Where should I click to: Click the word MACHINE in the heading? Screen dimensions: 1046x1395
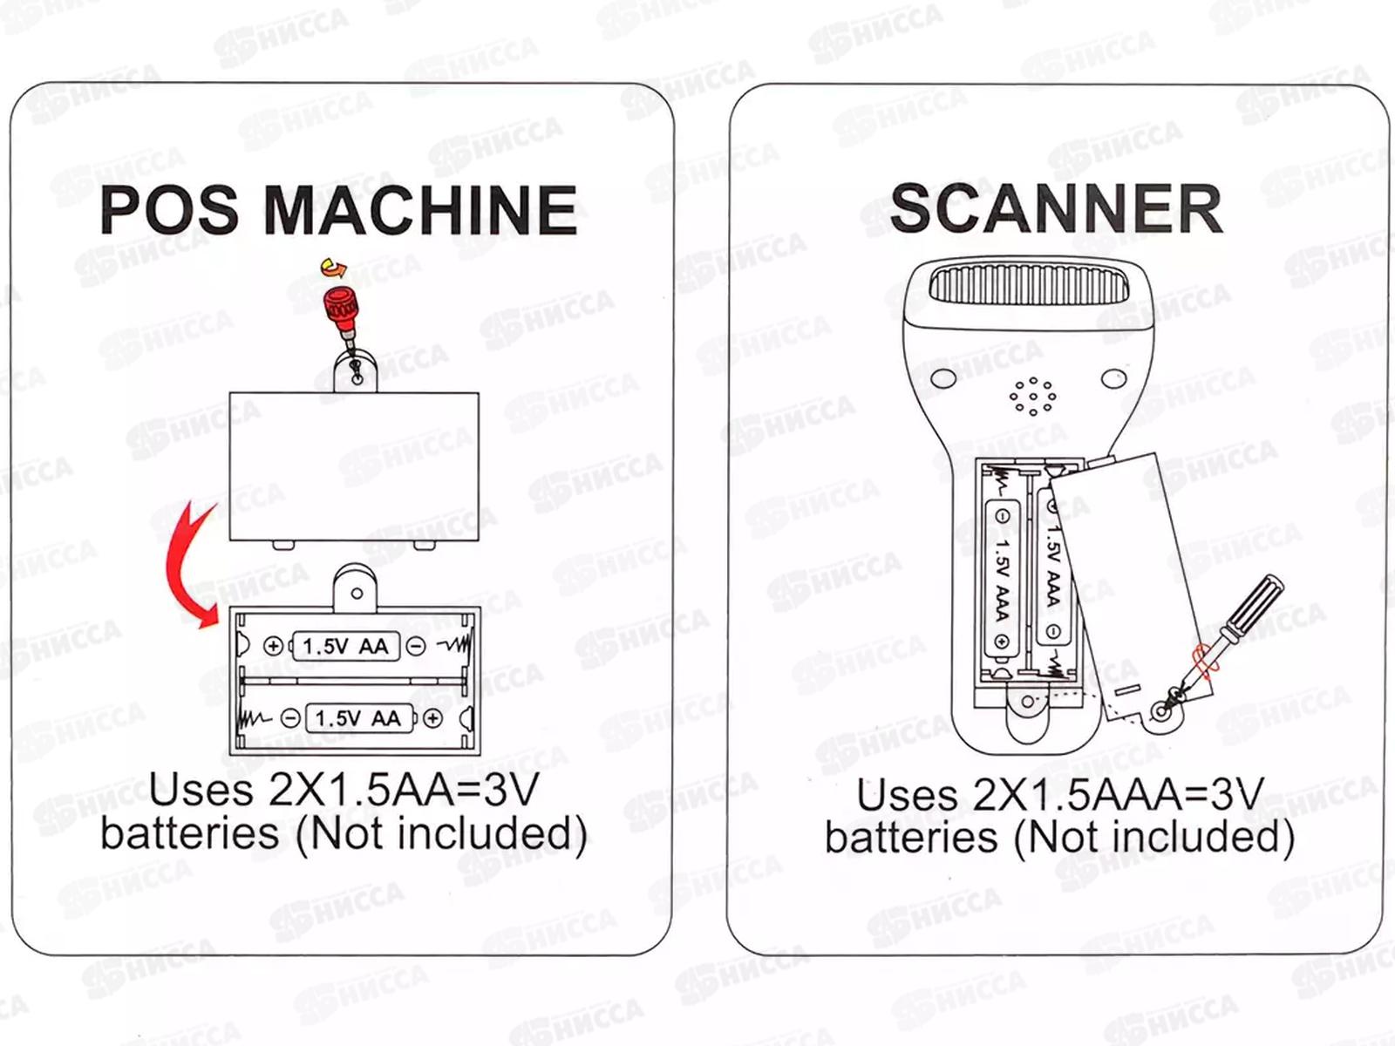point(420,209)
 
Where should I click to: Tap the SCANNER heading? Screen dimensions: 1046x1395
point(1056,209)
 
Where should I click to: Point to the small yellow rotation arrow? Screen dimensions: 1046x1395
point(331,266)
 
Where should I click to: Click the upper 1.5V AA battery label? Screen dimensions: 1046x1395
point(344,646)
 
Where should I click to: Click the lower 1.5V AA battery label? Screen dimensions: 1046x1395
point(357,718)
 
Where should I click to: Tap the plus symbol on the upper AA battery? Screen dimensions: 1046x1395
point(273,646)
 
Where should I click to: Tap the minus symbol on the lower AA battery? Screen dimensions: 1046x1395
point(291,718)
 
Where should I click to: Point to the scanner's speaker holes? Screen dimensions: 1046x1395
point(1033,397)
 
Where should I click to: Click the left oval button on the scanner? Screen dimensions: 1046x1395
point(942,378)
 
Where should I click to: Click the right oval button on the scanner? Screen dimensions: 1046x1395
point(1113,379)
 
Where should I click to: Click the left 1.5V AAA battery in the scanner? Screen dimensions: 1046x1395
point(1002,577)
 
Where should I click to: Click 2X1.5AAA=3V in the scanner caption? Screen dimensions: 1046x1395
point(1119,795)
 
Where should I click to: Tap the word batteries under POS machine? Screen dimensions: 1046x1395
point(189,832)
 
